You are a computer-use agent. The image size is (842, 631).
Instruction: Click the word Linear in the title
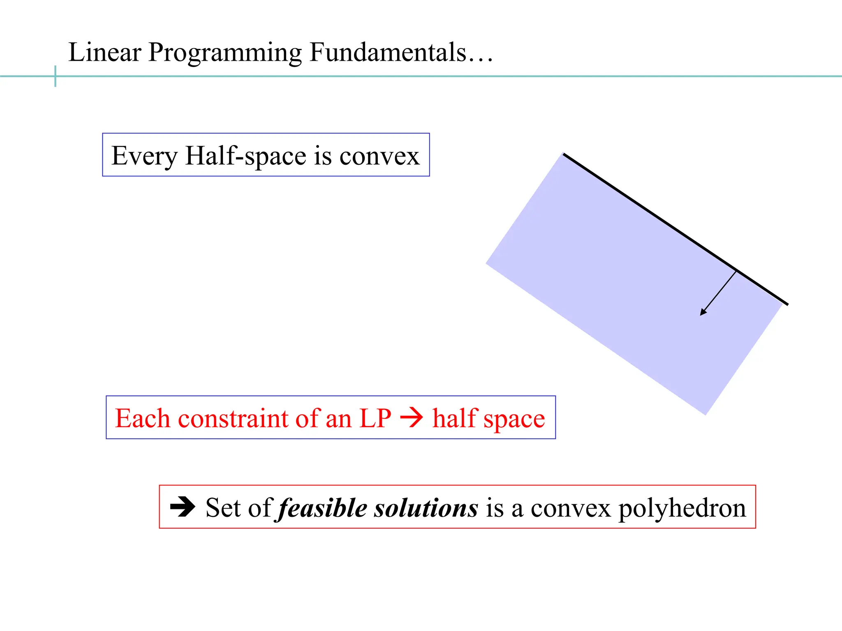[105, 52]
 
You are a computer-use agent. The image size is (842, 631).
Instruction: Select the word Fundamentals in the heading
[388, 52]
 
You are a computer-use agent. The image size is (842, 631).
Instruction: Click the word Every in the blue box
[144, 156]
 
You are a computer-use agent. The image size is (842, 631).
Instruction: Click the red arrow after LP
[412, 418]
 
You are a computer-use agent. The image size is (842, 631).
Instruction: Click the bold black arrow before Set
[183, 507]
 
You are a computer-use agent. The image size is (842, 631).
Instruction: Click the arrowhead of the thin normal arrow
[703, 312]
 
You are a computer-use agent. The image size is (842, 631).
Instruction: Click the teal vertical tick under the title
[55, 76]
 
